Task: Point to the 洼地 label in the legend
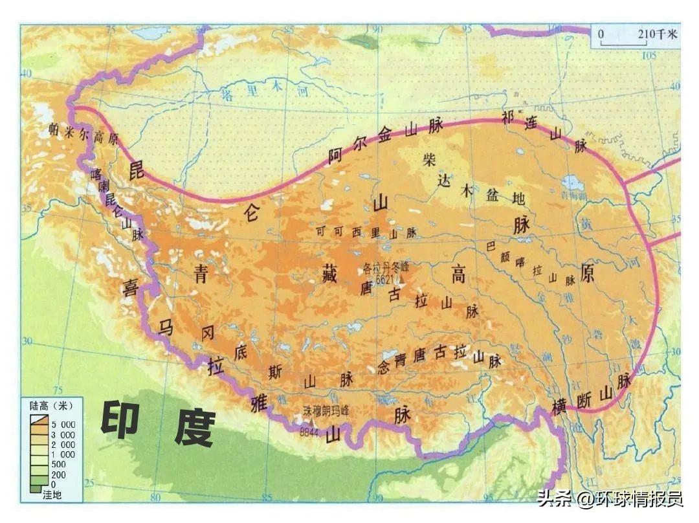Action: click(x=51, y=495)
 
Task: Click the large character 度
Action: click(x=194, y=427)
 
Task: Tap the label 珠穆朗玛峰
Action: click(x=326, y=410)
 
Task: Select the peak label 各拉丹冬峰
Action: click(x=386, y=267)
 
